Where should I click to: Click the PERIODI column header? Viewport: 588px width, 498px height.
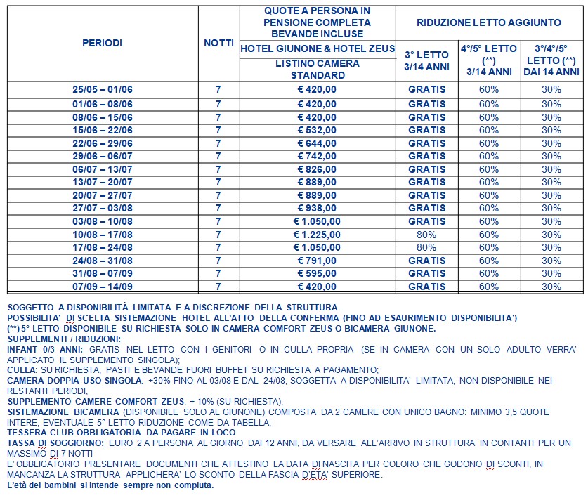coord(102,43)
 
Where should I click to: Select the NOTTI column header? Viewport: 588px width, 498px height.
coord(218,43)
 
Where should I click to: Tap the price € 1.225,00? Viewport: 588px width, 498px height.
coord(317,234)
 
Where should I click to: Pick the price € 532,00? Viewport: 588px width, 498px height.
coord(317,130)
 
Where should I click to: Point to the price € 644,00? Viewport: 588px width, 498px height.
coord(317,143)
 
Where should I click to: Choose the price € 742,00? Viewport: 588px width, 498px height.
coord(317,156)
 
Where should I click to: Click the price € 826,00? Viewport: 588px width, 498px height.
coord(317,169)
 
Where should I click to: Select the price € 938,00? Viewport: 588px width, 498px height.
coord(317,208)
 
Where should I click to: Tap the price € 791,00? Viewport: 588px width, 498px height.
coord(317,260)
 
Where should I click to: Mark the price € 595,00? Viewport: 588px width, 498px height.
coord(317,273)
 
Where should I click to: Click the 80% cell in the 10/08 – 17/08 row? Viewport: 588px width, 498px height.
coord(427,234)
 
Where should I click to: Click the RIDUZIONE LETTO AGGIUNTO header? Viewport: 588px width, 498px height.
coord(489,22)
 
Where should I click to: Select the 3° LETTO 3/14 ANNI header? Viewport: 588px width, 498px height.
coord(427,60)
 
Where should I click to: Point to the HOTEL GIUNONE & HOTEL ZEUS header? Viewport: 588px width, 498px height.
coord(317,48)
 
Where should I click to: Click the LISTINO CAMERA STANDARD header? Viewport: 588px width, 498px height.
coord(317,69)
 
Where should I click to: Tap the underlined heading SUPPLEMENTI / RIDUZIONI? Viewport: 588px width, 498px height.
coord(64,339)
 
